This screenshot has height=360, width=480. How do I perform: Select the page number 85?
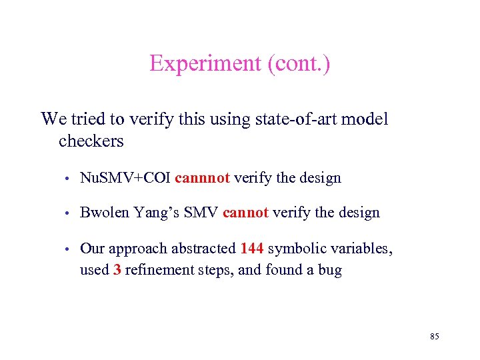[435, 337]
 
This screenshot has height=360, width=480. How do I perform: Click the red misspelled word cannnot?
[203, 178]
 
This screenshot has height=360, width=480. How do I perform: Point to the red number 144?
[251, 249]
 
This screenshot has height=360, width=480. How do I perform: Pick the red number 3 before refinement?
[117, 270]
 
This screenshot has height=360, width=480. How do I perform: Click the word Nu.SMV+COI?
[125, 178]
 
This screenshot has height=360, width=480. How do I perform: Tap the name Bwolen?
[104, 213]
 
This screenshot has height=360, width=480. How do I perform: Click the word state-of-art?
[293, 119]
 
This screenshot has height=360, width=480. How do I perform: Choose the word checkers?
[91, 141]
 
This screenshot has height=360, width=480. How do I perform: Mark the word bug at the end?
[330, 270]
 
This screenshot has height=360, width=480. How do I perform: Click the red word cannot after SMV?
[246, 213]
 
